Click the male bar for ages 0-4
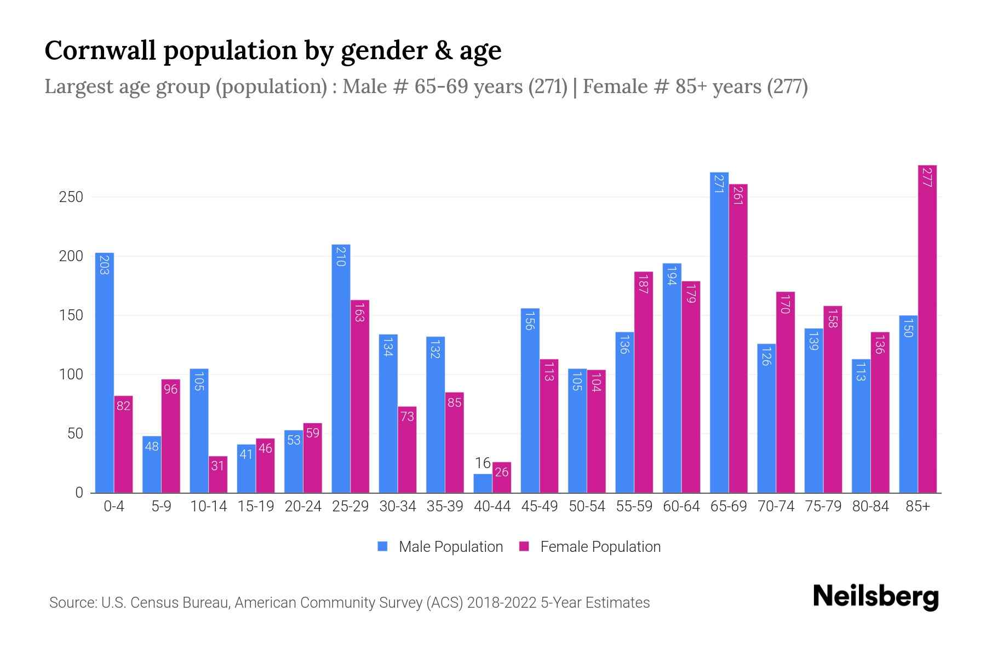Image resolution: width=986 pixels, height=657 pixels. click(x=105, y=372)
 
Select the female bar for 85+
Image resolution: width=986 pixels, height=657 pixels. click(x=927, y=328)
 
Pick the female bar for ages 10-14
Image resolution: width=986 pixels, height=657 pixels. click(x=218, y=474)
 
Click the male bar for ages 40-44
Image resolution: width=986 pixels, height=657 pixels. click(x=483, y=483)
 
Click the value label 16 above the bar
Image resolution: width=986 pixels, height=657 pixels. click(x=483, y=463)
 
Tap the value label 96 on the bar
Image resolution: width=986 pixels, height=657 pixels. click(x=170, y=389)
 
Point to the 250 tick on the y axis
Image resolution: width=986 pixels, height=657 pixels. click(x=71, y=197)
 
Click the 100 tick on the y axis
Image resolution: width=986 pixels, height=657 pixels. click(x=71, y=374)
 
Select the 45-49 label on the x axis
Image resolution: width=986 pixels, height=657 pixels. click(x=539, y=506)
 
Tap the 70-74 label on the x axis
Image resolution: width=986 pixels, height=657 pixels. click(x=776, y=506)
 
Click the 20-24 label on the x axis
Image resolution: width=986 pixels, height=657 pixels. click(x=303, y=506)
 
